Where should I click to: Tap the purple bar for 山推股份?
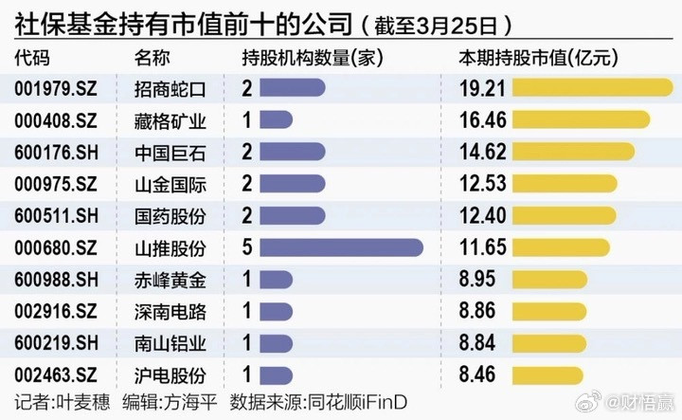[x=340, y=247]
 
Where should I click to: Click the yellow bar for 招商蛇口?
[x=592, y=88]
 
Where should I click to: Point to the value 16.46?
[x=484, y=120]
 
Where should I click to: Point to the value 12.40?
[x=484, y=216]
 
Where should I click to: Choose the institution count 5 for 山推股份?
[x=246, y=247]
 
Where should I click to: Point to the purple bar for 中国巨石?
[x=291, y=152]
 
